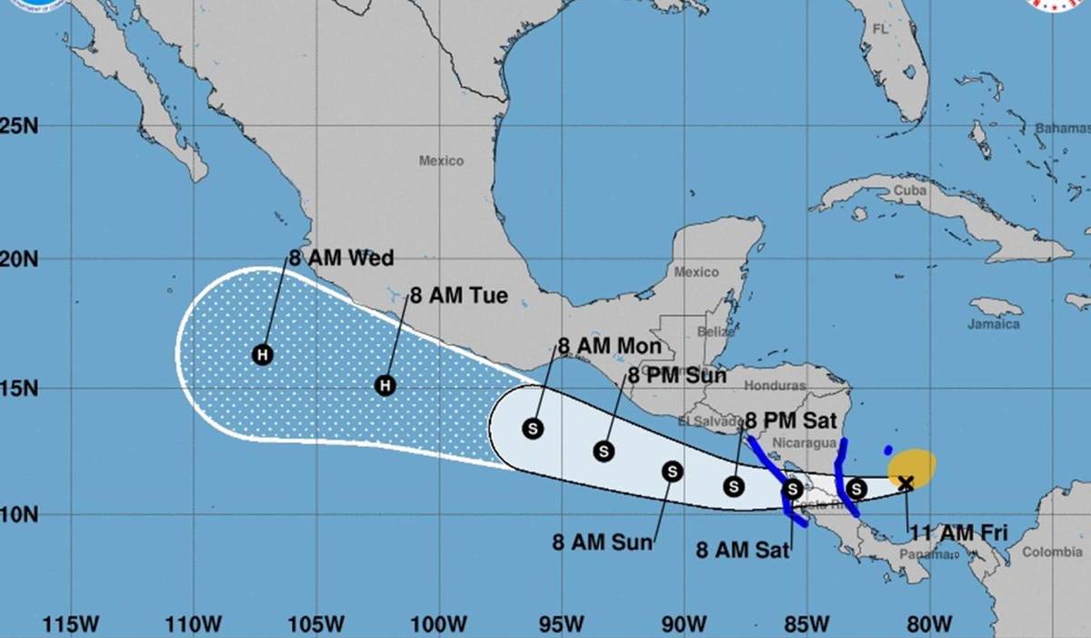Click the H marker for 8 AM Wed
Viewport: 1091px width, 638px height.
[263, 354]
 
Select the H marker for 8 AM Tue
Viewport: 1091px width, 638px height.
[385, 385]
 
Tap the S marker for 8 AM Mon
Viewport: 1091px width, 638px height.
[533, 428]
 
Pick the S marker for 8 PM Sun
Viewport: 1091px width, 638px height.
[603, 450]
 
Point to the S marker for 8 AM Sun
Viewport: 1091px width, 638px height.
[672, 471]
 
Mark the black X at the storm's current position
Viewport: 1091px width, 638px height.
[906, 483]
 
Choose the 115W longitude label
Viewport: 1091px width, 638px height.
[71, 624]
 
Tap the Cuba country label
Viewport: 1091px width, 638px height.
[909, 191]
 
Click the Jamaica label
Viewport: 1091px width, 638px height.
[995, 324]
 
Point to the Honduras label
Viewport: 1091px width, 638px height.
[775, 385]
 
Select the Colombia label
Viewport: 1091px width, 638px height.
[1052, 552]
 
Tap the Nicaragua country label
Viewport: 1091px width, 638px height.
[803, 443]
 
